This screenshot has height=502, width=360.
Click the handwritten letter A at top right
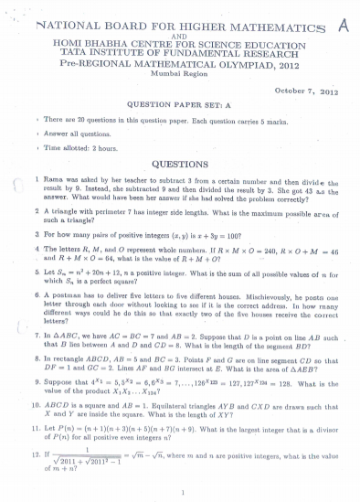coord(343,27)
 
